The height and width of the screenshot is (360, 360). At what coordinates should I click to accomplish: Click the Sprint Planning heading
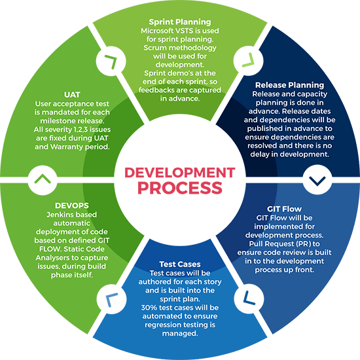(x=180, y=22)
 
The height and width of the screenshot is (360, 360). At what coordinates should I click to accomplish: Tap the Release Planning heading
(x=289, y=85)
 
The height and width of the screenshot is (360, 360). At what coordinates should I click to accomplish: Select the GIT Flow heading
(x=284, y=209)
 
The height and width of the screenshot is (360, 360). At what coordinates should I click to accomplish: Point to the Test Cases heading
(x=180, y=264)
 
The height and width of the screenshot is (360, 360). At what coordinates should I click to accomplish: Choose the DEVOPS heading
(x=72, y=206)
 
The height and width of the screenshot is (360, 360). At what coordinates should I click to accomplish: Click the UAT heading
(x=72, y=95)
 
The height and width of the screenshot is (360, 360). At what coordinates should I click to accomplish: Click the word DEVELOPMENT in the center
(x=180, y=173)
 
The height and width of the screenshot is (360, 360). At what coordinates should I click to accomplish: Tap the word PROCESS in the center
(x=180, y=188)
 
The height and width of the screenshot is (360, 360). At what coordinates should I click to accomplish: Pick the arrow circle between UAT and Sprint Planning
(x=111, y=61)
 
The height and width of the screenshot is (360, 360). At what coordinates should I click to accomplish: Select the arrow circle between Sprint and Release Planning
(x=249, y=61)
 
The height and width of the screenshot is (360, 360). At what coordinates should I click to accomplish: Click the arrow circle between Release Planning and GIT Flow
(x=317, y=180)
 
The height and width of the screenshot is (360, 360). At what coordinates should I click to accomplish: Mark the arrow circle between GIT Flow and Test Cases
(x=249, y=298)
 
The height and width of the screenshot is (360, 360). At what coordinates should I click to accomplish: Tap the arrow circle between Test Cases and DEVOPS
(x=111, y=299)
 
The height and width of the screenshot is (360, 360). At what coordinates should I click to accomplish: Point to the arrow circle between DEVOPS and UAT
(x=43, y=180)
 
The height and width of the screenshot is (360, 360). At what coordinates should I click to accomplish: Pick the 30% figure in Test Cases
(x=149, y=308)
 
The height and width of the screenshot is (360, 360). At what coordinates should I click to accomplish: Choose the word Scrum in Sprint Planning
(x=153, y=48)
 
